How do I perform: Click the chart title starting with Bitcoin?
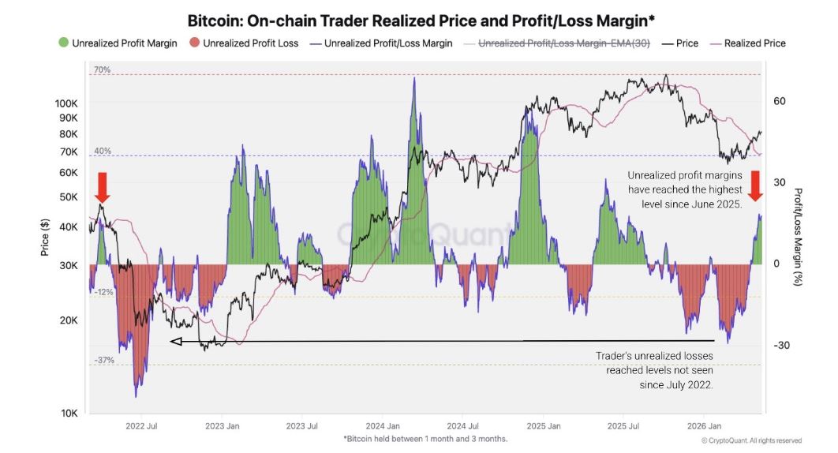tap(421, 21)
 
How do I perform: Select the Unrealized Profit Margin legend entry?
tap(118, 43)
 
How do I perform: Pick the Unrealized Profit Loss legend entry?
tap(244, 43)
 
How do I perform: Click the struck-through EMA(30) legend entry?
tap(557, 43)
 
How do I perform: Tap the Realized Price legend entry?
tap(748, 43)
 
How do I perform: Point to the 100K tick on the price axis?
tap(66, 103)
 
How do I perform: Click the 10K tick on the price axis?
tap(69, 413)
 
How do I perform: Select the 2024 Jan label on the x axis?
tap(383, 426)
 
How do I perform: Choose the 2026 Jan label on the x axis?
tap(704, 426)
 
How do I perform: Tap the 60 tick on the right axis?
tap(780, 101)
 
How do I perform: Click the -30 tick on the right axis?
tap(781, 345)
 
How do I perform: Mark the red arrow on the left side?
tap(103, 187)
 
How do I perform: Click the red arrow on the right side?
tap(755, 186)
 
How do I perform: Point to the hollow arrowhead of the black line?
tap(175, 341)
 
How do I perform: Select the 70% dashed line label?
tap(102, 69)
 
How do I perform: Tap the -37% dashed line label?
tap(104, 360)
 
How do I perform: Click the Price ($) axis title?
tap(45, 237)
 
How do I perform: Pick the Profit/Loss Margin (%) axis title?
tap(798, 237)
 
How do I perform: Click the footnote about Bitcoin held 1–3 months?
tap(425, 439)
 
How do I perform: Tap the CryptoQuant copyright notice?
tap(751, 440)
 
